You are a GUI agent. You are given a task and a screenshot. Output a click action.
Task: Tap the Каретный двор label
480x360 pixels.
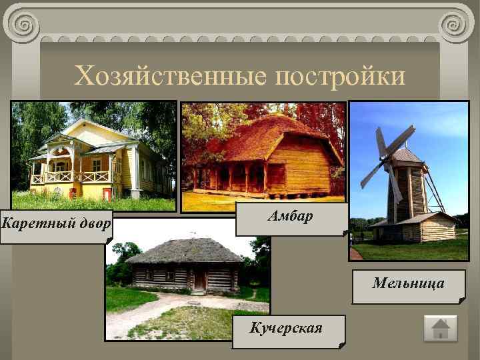coord(56,223)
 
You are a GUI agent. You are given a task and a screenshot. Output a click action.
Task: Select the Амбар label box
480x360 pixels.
coord(291,217)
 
